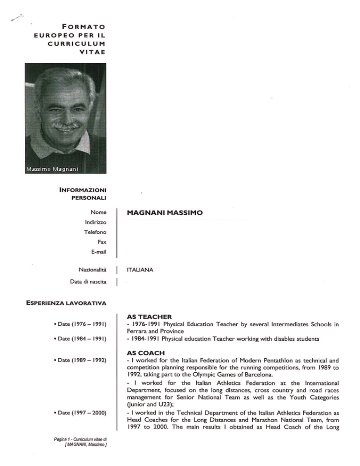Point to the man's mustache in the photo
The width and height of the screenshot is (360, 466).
[x=66, y=126]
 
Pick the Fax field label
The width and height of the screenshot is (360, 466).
[x=101, y=242]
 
